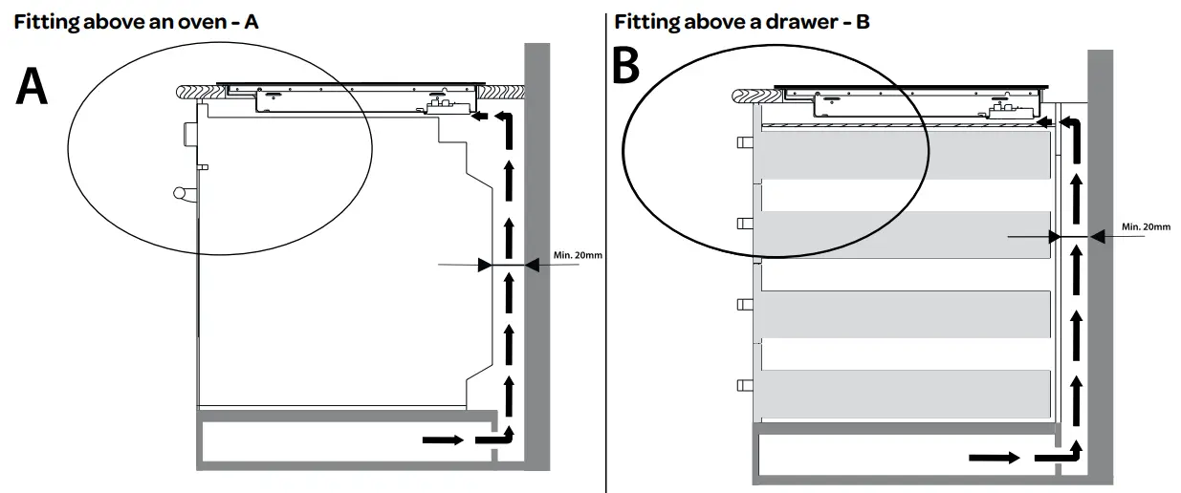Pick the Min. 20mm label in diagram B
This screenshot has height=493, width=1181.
tap(1145, 226)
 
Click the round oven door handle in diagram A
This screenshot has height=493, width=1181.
tap(182, 194)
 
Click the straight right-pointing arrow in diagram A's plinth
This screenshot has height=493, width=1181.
tap(443, 439)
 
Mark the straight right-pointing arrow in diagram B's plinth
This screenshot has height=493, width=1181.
tap(994, 458)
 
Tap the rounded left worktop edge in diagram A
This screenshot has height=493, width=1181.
tap(184, 91)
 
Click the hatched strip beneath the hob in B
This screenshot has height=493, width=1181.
tap(899, 126)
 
